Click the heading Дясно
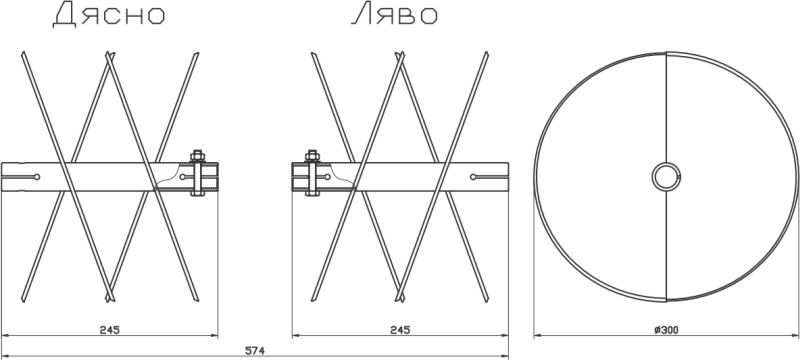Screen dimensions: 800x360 click(109, 15)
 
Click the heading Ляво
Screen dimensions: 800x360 click(394, 15)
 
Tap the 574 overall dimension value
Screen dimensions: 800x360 click(255, 351)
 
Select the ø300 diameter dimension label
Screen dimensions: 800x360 click(666, 330)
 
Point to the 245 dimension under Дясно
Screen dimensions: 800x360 click(110, 330)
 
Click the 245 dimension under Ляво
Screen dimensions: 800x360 click(400, 330)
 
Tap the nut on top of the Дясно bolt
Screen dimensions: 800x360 click(197, 155)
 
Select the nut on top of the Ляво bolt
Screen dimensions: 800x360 click(312, 155)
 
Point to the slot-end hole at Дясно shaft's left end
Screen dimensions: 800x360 click(37, 177)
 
